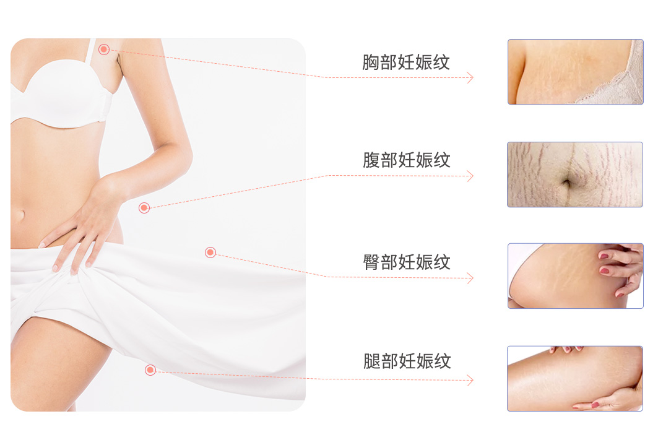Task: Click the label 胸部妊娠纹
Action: pyautogui.click(x=406, y=62)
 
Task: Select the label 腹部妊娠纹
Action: pyautogui.click(x=406, y=160)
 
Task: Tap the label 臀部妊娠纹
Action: pyautogui.click(x=406, y=262)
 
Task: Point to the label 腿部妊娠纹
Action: pyautogui.click(x=407, y=361)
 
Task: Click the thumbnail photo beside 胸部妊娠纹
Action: pyautogui.click(x=575, y=72)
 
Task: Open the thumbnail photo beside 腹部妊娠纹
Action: pyautogui.click(x=575, y=175)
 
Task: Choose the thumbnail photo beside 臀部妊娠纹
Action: pyautogui.click(x=575, y=276)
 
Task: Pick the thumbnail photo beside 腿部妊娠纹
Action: pyautogui.click(x=575, y=379)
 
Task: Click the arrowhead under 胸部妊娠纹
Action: pyautogui.click(x=470, y=77)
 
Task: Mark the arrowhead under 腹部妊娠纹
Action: pyautogui.click(x=470, y=176)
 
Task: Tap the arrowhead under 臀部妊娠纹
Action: pyautogui.click(x=470, y=278)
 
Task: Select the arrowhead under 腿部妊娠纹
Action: pyautogui.click(x=470, y=381)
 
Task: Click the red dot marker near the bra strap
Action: pyautogui.click(x=104, y=50)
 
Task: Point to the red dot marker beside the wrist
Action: pyautogui.click(x=144, y=207)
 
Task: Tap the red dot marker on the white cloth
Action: pyautogui.click(x=210, y=253)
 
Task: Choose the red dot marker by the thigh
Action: pyautogui.click(x=150, y=370)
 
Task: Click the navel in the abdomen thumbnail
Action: pyautogui.click(x=566, y=183)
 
